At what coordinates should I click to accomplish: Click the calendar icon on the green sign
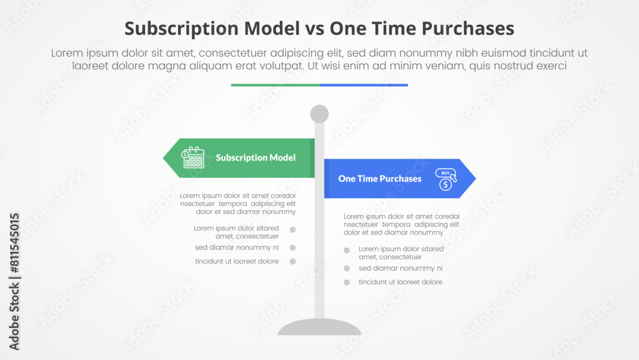(193, 157)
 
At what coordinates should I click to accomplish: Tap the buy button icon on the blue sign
(445, 179)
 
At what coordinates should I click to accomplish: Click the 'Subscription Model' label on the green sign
(256, 157)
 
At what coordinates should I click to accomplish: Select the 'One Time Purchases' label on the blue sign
(380, 178)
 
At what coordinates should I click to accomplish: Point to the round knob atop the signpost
(319, 114)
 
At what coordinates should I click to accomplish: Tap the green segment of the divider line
(275, 84)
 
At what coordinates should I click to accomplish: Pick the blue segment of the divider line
(364, 84)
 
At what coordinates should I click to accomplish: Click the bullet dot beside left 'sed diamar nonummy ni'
(293, 247)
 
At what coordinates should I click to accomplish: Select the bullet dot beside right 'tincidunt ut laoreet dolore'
(346, 282)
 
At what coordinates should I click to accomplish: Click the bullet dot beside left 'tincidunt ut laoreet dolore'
(293, 262)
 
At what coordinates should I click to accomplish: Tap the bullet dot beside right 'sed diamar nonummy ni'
(346, 269)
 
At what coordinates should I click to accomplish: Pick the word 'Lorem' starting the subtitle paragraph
(68, 54)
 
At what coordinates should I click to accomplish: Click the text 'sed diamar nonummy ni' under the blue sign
(400, 269)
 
